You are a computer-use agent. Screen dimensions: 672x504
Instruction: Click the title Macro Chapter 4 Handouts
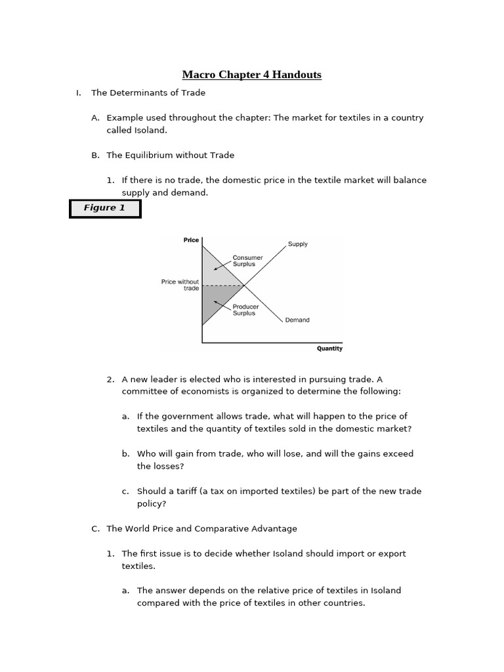[252, 75]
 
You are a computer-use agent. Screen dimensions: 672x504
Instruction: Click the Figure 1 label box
[105, 208]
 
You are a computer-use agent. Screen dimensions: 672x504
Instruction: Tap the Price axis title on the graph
[191, 240]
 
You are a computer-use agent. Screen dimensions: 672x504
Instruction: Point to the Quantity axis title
[329, 348]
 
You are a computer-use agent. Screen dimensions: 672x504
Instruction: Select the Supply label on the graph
[297, 244]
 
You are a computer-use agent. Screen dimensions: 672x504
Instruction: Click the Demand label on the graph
[297, 320]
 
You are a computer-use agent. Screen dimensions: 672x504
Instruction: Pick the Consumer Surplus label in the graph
[247, 261]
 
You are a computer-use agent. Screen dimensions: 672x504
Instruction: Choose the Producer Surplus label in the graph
[246, 310]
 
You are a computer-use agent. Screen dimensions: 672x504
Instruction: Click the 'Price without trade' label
[180, 285]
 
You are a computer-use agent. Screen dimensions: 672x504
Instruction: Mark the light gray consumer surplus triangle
[215, 272]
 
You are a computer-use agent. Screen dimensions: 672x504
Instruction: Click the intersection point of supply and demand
[244, 285]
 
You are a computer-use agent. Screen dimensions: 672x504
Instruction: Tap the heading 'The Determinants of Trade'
[148, 93]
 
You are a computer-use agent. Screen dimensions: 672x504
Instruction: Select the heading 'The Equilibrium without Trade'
[170, 156]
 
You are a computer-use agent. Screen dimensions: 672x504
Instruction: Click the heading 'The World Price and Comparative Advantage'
[201, 529]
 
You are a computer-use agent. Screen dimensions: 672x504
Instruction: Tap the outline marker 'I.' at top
[79, 93]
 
